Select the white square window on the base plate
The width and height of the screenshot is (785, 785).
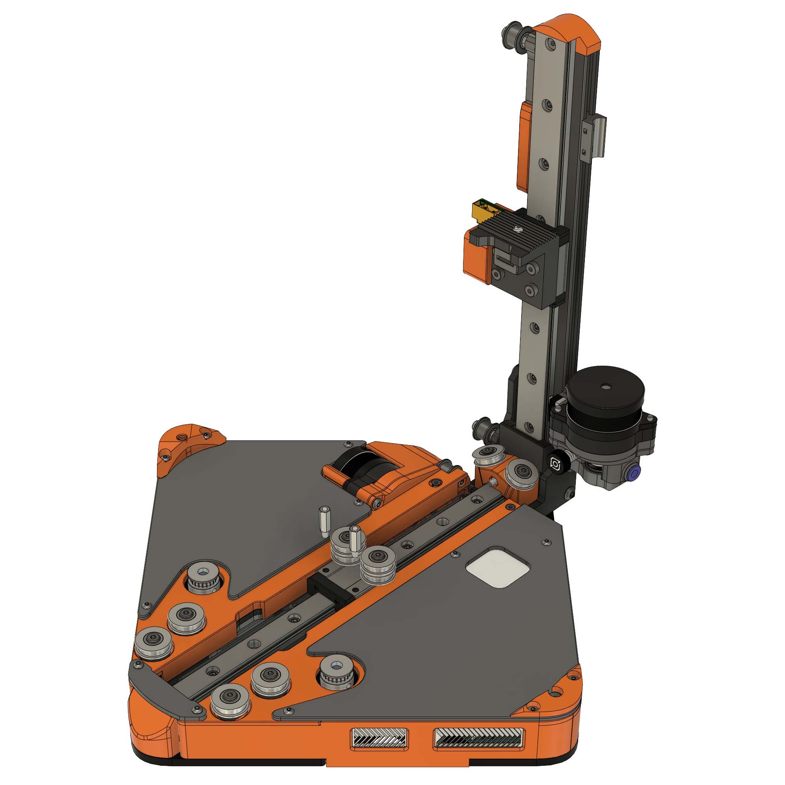click(x=498, y=572)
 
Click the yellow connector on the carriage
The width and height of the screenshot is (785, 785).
click(x=480, y=210)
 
